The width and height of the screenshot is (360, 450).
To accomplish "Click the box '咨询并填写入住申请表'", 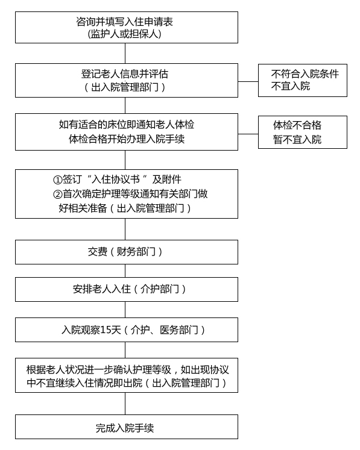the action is point(127,27).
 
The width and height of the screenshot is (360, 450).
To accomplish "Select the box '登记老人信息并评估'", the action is point(127,80).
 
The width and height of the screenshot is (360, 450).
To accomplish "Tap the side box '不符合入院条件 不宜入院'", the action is point(303,80).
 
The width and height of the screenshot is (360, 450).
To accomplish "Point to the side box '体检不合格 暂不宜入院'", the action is point(303,133).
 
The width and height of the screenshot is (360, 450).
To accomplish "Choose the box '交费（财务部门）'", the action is point(127,252).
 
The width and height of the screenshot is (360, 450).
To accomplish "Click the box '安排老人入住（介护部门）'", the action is point(127,289).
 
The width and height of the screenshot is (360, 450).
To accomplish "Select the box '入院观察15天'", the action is point(127,330).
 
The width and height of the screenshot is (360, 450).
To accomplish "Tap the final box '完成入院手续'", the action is point(127,427).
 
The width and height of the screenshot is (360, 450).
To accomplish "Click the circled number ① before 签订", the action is point(58,180).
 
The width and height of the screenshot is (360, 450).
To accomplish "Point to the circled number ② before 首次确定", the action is point(58,195).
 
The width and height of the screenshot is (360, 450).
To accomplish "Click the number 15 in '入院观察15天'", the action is point(106,330).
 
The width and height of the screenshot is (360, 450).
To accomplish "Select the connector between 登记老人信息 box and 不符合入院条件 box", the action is point(248,81).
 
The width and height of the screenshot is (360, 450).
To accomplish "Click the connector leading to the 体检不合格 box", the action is point(248,134).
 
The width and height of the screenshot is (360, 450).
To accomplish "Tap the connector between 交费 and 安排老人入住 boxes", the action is point(125,271).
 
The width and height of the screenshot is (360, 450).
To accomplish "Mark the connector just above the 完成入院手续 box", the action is point(125,404).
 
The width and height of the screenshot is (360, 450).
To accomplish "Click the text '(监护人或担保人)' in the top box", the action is point(125,34).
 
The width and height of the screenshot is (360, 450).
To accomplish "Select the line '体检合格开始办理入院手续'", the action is point(127,139).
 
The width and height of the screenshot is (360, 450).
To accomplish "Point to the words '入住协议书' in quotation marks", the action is point(116,180).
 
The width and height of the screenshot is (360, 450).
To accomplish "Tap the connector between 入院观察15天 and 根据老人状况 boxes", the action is point(125,350).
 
